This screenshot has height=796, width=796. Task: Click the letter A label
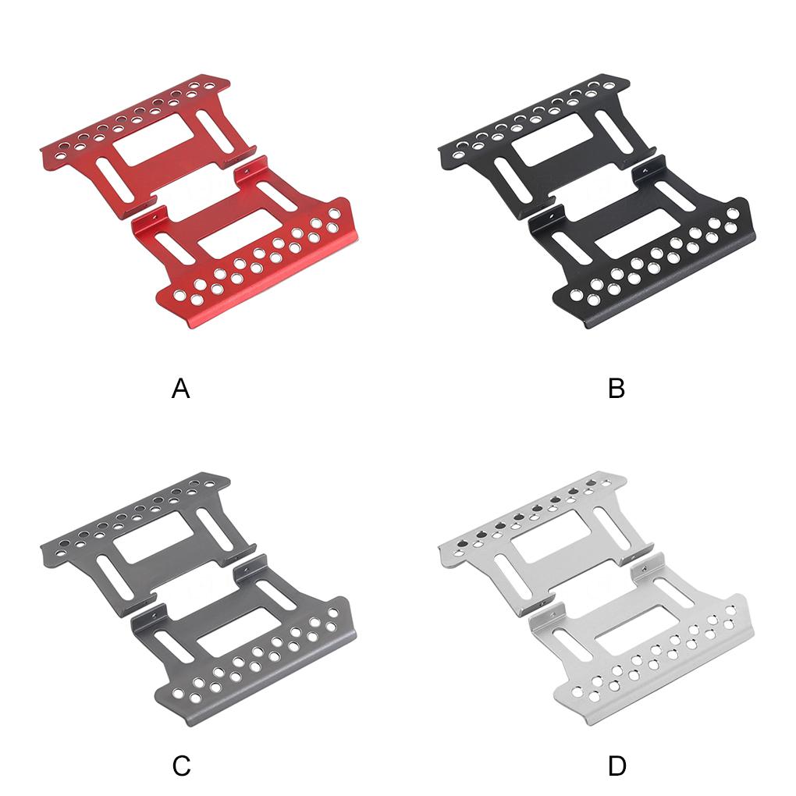(180, 388)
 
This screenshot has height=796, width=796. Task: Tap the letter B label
(617, 388)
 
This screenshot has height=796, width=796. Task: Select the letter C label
(181, 766)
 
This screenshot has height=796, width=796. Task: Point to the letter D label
(617, 766)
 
